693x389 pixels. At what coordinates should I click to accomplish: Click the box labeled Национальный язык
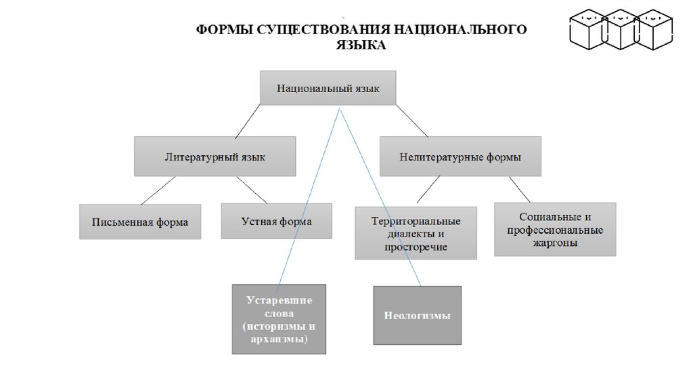click(x=328, y=87)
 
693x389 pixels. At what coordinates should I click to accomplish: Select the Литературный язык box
click(x=215, y=157)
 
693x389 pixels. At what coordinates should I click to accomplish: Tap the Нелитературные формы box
click(x=460, y=157)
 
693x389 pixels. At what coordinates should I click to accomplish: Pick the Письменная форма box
click(x=140, y=222)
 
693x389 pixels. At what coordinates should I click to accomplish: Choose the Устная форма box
click(x=277, y=221)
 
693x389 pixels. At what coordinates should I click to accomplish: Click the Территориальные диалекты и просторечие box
click(x=416, y=233)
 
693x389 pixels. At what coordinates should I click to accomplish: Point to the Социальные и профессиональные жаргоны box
click(x=555, y=229)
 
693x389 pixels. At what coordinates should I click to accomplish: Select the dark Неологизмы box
click(x=417, y=315)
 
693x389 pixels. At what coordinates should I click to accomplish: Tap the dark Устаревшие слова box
click(x=279, y=319)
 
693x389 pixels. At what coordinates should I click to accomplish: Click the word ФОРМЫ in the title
click(x=221, y=30)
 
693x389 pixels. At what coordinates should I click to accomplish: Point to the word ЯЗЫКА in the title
click(x=361, y=45)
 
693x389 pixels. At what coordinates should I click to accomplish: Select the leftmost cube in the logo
click(x=587, y=30)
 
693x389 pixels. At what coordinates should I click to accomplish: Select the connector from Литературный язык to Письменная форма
click(x=158, y=190)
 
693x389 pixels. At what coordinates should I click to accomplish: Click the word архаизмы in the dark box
click(x=279, y=339)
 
